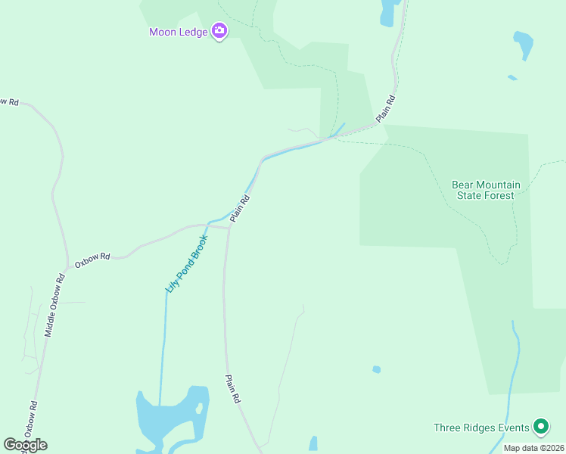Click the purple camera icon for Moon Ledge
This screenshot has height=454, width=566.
click(x=219, y=31)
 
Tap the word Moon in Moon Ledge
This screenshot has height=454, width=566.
click(x=163, y=32)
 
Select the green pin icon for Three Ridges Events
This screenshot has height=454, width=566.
click(x=540, y=428)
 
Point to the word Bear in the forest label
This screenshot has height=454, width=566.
click(x=464, y=184)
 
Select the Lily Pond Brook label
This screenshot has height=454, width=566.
click(x=186, y=263)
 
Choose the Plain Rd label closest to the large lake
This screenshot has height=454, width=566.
click(x=233, y=388)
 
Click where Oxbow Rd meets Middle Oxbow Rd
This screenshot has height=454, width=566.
click(x=67, y=266)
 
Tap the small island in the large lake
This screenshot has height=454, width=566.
click(x=199, y=409)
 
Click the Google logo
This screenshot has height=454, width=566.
click(x=25, y=444)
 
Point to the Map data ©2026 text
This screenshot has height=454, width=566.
click(x=534, y=448)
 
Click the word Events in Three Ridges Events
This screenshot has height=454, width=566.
click(x=515, y=428)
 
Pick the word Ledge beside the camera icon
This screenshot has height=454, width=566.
click(x=194, y=32)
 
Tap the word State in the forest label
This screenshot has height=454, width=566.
click(x=469, y=195)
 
